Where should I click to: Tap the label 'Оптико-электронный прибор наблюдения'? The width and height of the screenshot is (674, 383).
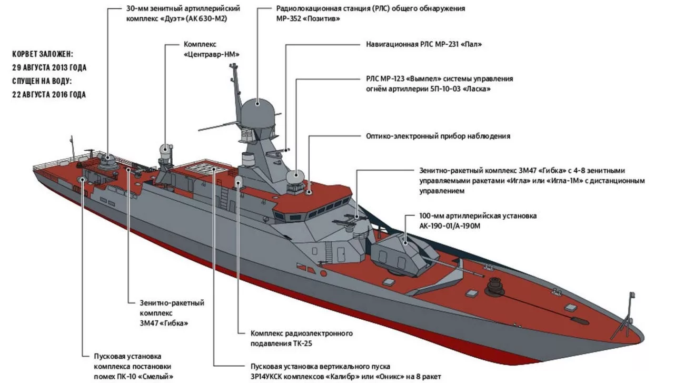[438, 136]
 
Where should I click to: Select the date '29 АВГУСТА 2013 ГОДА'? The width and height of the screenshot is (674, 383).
[49, 67]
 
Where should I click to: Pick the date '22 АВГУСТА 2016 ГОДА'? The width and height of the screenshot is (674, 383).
[49, 95]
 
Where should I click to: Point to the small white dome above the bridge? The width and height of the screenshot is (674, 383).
[295, 176]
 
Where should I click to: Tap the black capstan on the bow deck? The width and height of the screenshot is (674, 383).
[495, 284]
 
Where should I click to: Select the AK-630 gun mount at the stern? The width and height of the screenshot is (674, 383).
[107, 161]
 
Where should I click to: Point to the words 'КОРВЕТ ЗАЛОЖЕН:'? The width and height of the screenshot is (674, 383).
[43, 54]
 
